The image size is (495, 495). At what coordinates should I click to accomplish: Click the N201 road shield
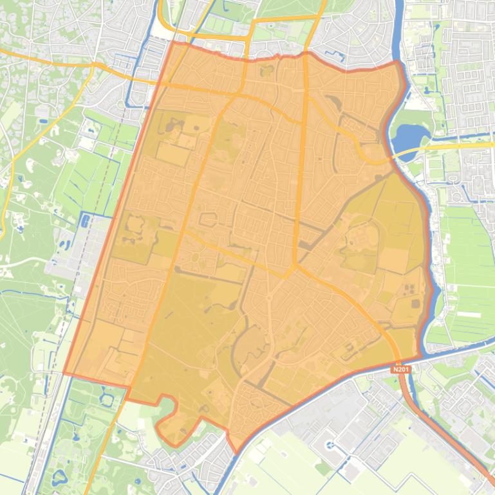[x=399, y=371]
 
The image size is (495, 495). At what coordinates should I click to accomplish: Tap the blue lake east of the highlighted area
[x=406, y=137]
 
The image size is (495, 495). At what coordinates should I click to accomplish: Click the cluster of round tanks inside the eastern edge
[x=412, y=295]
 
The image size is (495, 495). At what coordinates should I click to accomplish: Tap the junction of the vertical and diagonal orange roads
[x=295, y=265]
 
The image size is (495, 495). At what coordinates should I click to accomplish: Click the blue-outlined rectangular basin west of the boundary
[x=85, y=221]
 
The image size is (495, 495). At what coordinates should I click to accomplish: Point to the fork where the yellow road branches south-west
[x=93, y=64]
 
